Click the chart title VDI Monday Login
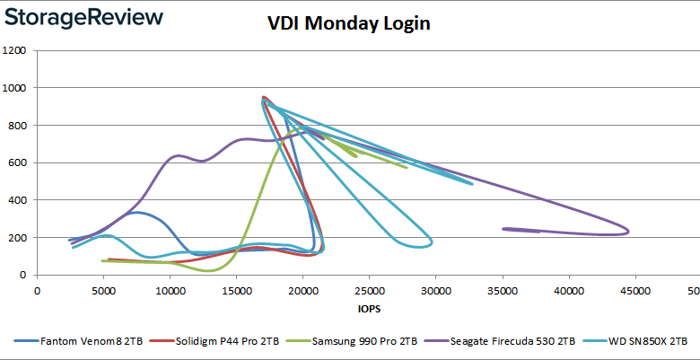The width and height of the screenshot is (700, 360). [x=349, y=24]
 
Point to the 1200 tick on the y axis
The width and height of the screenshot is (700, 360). [x=14, y=50]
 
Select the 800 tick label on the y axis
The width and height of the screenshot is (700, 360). [x=16, y=126]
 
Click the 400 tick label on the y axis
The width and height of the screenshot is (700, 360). [x=16, y=200]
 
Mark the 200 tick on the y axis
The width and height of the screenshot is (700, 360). [x=16, y=238]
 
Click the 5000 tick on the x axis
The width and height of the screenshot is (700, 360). [x=104, y=291]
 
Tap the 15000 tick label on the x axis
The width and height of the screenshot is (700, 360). [x=237, y=291]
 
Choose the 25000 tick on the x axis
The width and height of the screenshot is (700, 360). [x=370, y=291]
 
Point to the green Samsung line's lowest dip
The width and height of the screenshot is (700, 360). [x=208, y=270]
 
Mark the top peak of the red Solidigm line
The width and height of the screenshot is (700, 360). [x=263, y=97]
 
